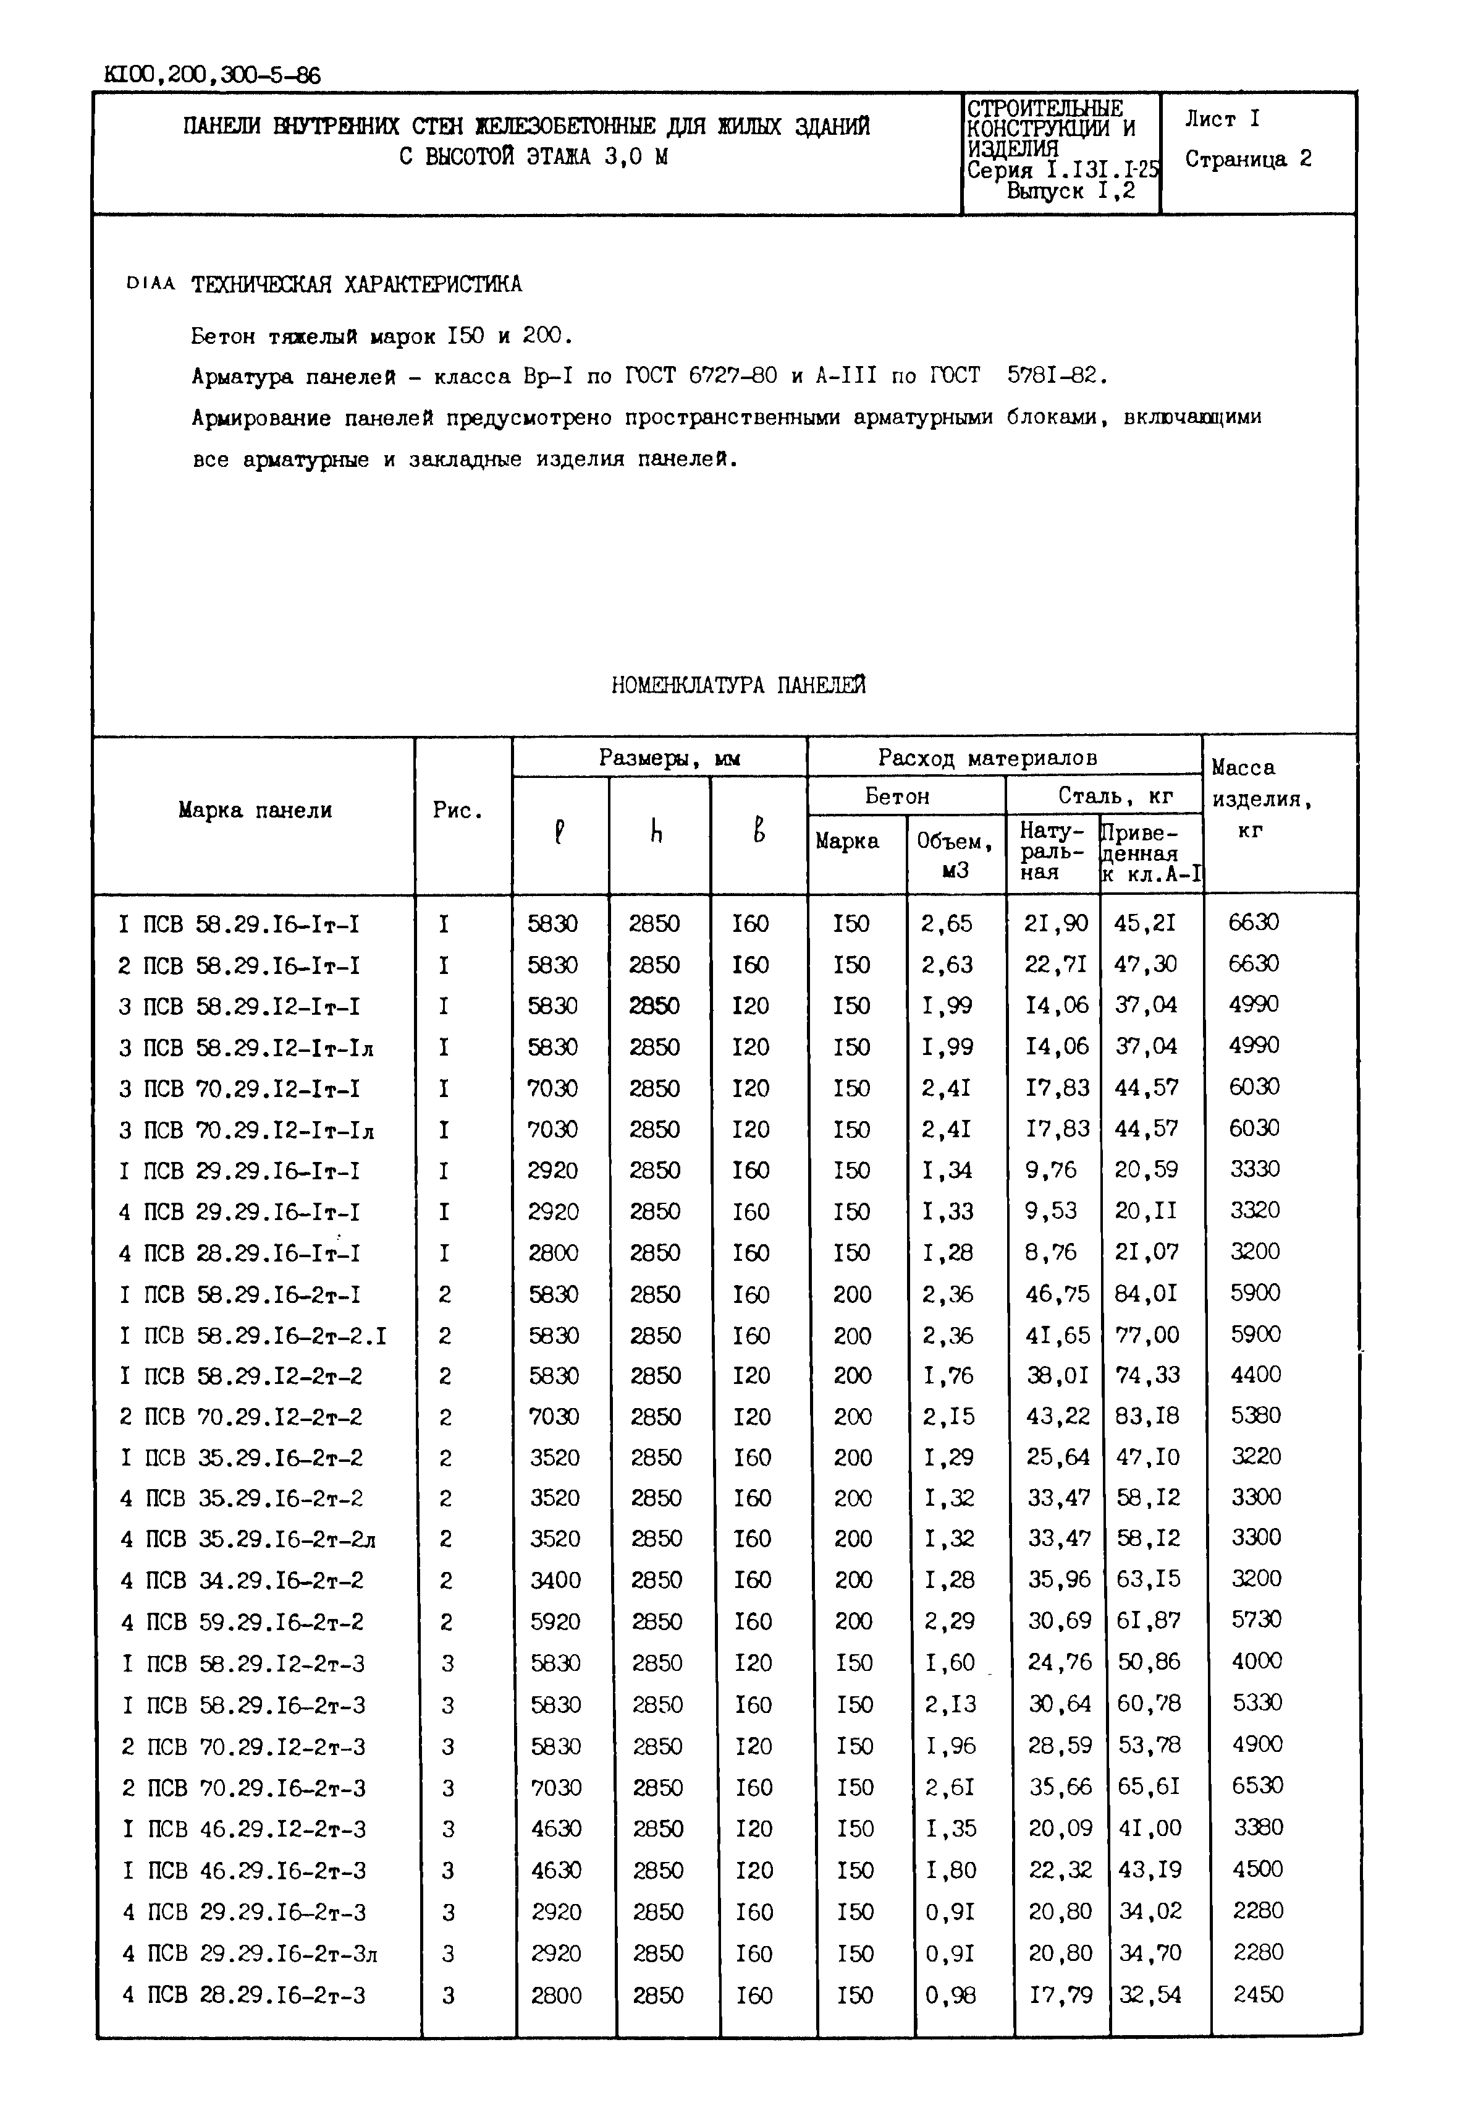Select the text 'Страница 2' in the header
pyautogui.click(x=1248, y=160)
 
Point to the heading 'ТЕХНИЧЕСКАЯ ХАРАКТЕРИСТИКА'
pyautogui.click(x=356, y=284)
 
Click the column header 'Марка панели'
pyautogui.click(x=255, y=810)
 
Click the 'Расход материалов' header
pyautogui.click(x=987, y=758)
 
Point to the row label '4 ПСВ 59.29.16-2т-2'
pyautogui.click(x=242, y=1623)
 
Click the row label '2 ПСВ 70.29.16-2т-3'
pyautogui.click(x=243, y=1788)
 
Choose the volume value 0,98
pyautogui.click(x=950, y=1996)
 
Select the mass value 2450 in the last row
pyautogui.click(x=1258, y=1994)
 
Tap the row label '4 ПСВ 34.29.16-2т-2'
pyautogui.click(x=242, y=1581)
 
